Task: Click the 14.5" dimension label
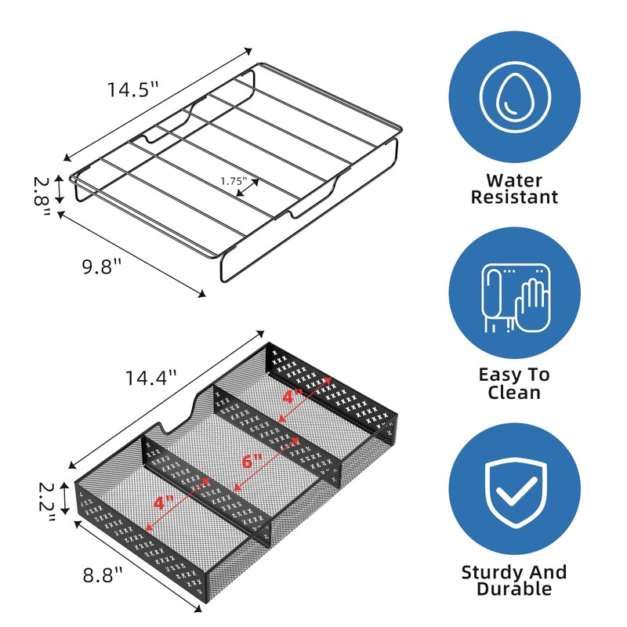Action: [133, 89]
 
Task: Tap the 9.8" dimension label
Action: [102, 266]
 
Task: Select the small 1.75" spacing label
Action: [234, 181]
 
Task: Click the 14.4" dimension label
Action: [150, 378]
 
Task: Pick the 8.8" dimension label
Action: [103, 575]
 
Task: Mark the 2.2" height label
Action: [47, 502]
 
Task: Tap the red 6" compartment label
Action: [252, 462]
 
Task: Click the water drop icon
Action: [515, 97]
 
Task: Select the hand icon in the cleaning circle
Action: [532, 305]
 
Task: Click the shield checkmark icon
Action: [515, 493]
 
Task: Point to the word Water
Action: [514, 180]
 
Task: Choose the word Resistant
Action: [514, 198]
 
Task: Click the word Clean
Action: [514, 393]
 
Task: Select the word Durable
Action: [514, 589]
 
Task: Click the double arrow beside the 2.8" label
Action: [60, 190]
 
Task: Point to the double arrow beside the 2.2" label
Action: [64, 498]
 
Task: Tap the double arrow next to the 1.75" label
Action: [248, 187]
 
